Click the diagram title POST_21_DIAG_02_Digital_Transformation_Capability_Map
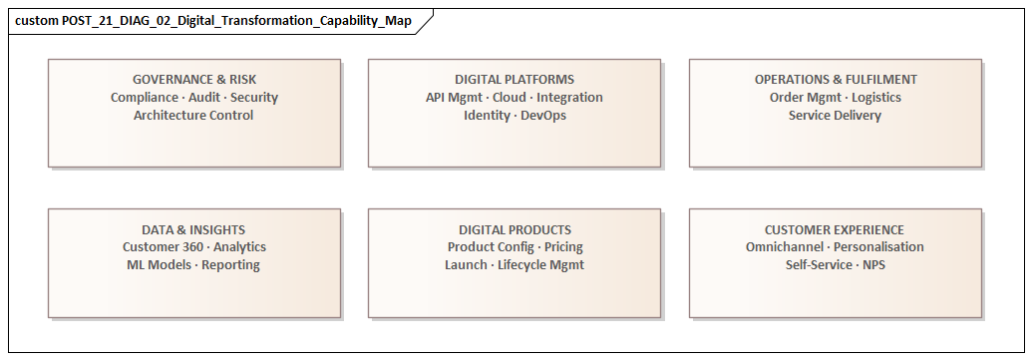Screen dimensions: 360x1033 [x=212, y=21]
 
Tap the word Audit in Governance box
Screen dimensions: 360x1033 [x=203, y=98]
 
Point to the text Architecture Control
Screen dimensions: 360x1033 [x=193, y=116]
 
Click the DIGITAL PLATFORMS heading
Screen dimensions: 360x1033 [x=515, y=80]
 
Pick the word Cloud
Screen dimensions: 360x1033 [x=510, y=98]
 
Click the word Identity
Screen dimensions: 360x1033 [x=487, y=116]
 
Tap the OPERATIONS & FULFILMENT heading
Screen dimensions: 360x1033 [x=836, y=80]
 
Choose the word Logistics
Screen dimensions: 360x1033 [x=874, y=98]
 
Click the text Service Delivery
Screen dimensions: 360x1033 [x=835, y=116]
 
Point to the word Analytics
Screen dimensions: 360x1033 [x=239, y=247]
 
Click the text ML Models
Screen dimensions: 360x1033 [x=160, y=265]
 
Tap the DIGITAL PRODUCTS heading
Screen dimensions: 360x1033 [x=515, y=229]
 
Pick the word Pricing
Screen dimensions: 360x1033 [x=563, y=247]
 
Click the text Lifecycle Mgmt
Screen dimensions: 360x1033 [x=540, y=265]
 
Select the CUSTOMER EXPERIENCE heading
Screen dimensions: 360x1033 [x=835, y=229]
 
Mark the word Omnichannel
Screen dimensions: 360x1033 [x=784, y=247]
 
